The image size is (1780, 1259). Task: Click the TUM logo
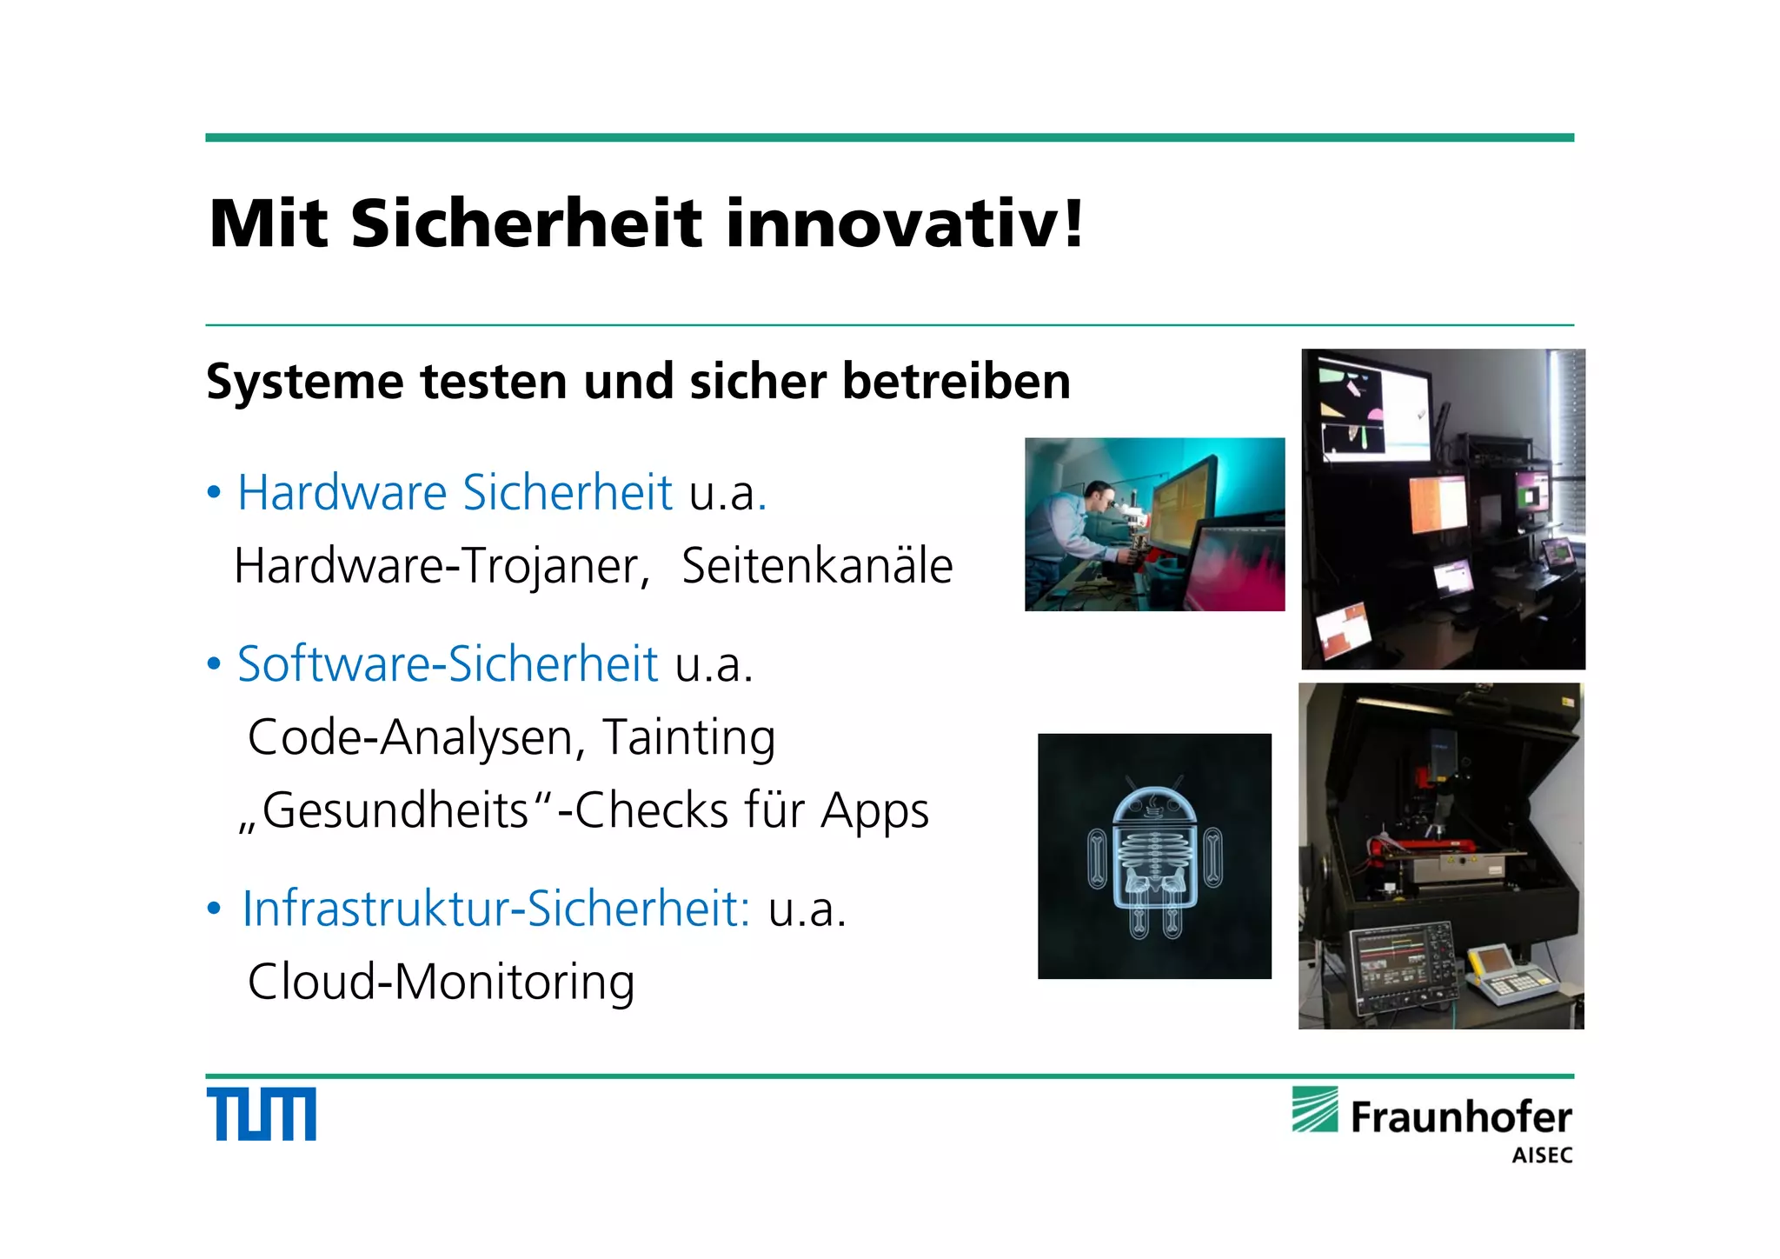(x=261, y=1114)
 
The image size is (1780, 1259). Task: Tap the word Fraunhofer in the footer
(x=1460, y=1117)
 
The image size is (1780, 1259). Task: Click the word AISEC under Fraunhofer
(x=1542, y=1156)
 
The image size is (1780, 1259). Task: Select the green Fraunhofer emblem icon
(x=1315, y=1109)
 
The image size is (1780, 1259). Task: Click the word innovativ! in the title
(x=905, y=223)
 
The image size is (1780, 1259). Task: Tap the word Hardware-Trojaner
(x=442, y=566)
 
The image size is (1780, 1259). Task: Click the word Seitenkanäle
(x=817, y=566)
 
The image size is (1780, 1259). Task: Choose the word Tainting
(x=688, y=737)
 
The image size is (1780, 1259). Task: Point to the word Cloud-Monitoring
(x=442, y=983)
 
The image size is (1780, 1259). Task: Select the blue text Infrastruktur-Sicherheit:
(x=495, y=909)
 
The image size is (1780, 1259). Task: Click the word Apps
(x=874, y=811)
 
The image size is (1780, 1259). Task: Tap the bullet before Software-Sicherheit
(x=214, y=665)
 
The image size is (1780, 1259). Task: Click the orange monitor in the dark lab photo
(x=1437, y=505)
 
